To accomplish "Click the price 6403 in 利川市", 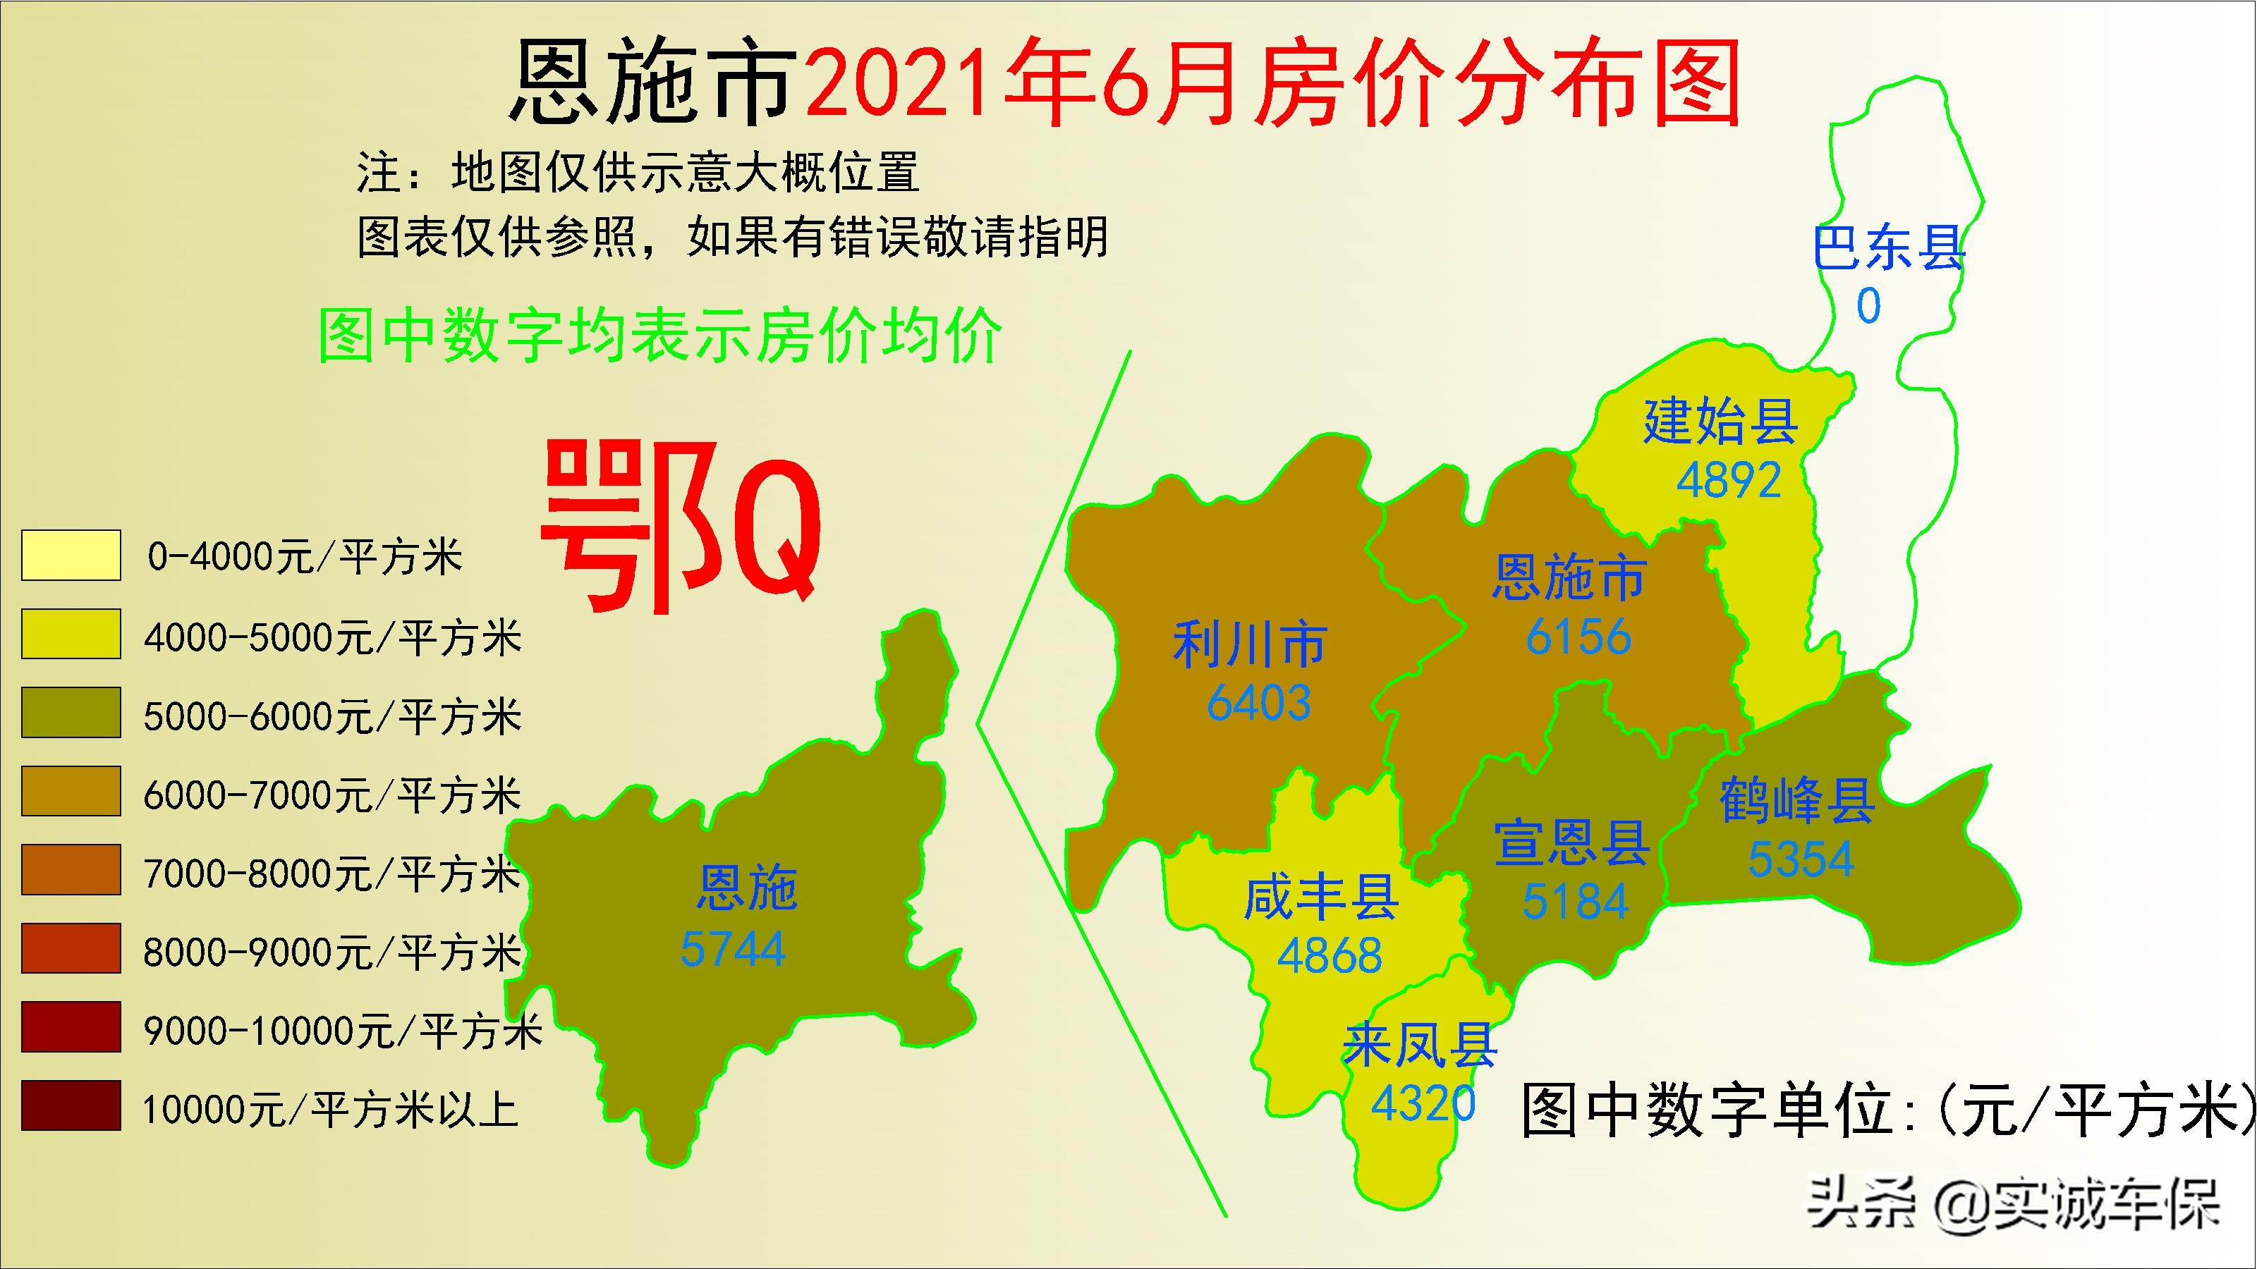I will (x=1258, y=702).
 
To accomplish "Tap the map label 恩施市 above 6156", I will (x=1569, y=578).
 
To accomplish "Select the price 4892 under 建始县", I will (x=1729, y=480).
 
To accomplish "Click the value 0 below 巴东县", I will (x=1868, y=306).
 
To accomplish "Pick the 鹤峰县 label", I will (x=1797, y=799).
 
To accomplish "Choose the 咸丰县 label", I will (x=1320, y=899).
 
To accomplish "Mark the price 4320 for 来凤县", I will (x=1423, y=1103).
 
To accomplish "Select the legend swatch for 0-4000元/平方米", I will (x=71, y=556).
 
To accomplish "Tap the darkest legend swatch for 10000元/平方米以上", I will (x=71, y=1105).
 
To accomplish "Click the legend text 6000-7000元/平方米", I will (x=332, y=796).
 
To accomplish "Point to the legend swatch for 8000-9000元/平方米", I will (x=71, y=948).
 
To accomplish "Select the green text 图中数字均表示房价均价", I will (x=659, y=336).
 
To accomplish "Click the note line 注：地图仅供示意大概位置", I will (x=638, y=173).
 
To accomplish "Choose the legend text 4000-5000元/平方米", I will (x=332, y=637).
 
